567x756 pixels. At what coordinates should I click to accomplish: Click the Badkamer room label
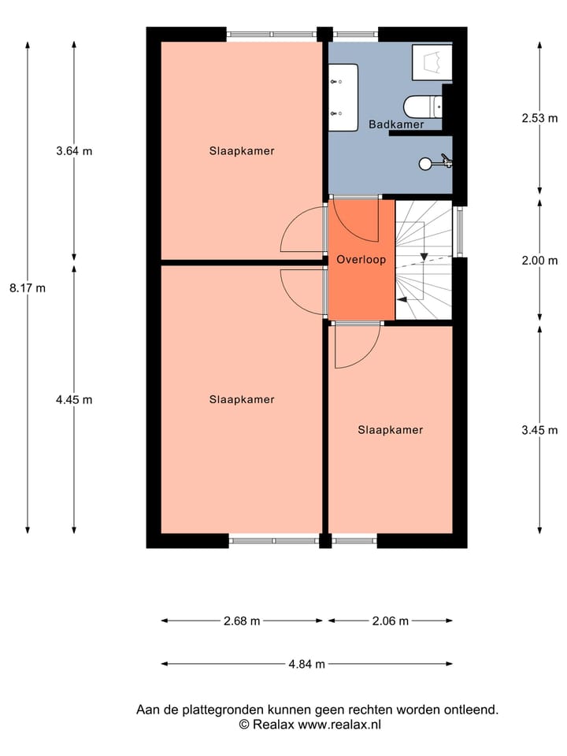[x=396, y=124]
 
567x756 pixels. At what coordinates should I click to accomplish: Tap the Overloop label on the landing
[x=361, y=259]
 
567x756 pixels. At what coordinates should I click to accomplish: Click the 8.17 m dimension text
[x=28, y=288]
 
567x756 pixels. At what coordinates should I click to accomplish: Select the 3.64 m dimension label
[x=74, y=151]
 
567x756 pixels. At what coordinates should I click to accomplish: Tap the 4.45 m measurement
[x=74, y=399]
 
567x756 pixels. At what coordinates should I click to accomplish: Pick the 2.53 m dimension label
[x=539, y=120]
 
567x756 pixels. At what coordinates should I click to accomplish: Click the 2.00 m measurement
[x=539, y=261]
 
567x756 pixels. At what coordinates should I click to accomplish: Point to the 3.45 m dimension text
[x=539, y=430]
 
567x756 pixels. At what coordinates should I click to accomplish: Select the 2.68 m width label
[x=242, y=621]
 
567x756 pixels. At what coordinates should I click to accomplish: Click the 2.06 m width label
[x=391, y=621]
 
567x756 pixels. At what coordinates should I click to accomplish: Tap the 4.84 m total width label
[x=307, y=664]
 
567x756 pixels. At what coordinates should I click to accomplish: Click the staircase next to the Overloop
[x=423, y=260]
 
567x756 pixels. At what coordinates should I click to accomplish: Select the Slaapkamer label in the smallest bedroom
[x=391, y=430]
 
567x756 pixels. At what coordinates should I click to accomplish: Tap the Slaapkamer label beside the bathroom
[x=242, y=151]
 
